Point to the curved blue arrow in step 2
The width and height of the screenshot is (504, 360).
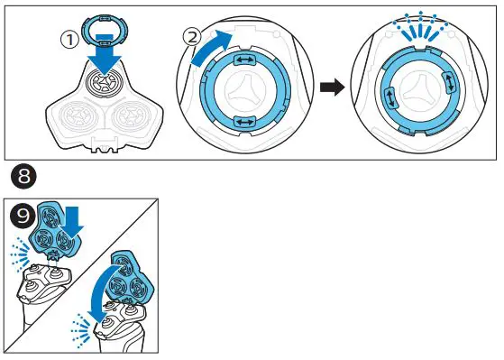point(208,55)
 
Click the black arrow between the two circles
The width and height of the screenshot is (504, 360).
point(332,88)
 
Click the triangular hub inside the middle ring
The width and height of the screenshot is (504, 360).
point(243,91)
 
